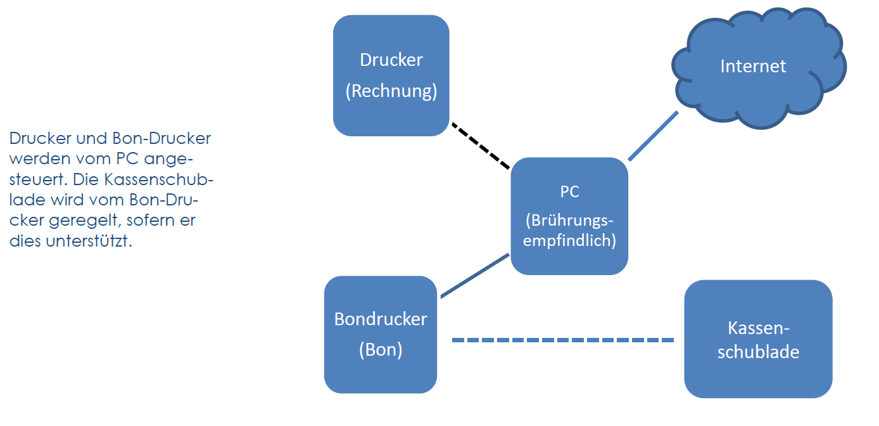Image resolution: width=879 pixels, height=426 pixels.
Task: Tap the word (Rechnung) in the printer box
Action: click(x=391, y=91)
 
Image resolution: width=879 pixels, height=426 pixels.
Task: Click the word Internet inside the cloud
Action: click(x=753, y=66)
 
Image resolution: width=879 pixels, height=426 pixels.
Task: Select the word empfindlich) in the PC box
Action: click(x=569, y=242)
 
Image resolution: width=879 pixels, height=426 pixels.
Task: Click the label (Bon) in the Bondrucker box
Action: click(x=381, y=349)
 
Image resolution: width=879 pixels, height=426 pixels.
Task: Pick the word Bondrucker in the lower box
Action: click(x=381, y=319)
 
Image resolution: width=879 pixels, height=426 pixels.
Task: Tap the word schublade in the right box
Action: click(x=758, y=352)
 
